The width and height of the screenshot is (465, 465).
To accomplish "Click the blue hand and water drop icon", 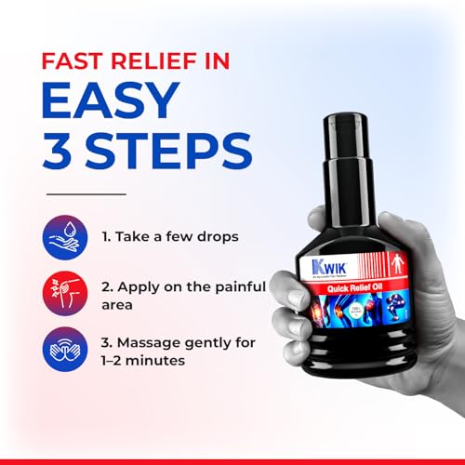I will point(65,237).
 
